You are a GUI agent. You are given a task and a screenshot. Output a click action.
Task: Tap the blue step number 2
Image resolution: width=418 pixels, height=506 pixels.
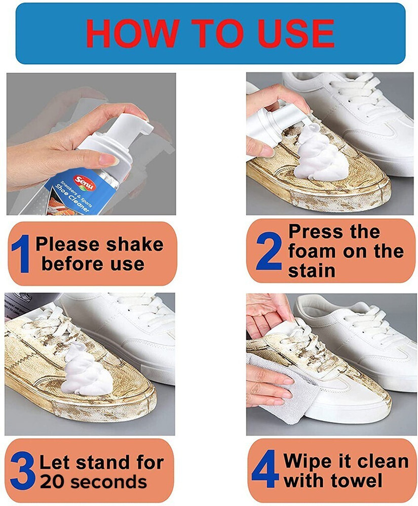point(268,251)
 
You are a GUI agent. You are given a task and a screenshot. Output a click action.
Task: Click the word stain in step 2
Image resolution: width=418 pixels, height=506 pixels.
point(312,270)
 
